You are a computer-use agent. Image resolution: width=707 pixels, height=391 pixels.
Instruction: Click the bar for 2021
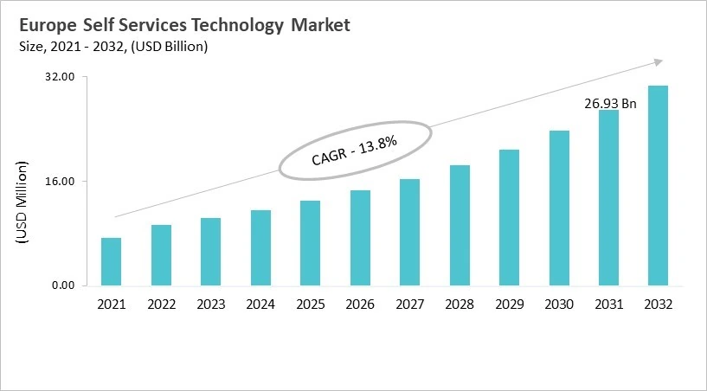pyautogui.click(x=111, y=261)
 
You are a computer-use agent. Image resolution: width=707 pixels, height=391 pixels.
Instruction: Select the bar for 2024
pyautogui.click(x=260, y=247)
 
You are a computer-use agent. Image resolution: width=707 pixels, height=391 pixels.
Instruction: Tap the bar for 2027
pyautogui.click(x=409, y=232)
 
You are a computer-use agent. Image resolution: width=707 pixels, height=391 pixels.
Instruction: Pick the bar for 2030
pyautogui.click(x=559, y=208)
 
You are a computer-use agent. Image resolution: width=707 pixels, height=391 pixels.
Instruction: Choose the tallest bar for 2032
pyautogui.click(x=659, y=185)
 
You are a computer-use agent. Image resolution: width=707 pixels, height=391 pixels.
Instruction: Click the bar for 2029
pyautogui.click(x=509, y=217)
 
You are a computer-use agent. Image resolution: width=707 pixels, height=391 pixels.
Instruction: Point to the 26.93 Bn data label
pyautogui.click(x=610, y=104)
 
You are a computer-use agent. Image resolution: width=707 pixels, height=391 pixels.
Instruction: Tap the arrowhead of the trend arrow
pyautogui.click(x=658, y=61)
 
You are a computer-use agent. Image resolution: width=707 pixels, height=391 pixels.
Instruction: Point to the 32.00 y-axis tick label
pyautogui.click(x=61, y=77)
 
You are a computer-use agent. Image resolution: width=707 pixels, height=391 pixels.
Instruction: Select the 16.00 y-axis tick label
pyautogui.click(x=61, y=182)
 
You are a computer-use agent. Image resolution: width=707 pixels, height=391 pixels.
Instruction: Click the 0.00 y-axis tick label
pyautogui.click(x=63, y=285)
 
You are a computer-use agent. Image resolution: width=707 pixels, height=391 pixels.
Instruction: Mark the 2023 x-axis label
pyautogui.click(x=210, y=304)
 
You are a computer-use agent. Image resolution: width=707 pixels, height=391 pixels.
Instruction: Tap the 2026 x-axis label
pyautogui.click(x=360, y=304)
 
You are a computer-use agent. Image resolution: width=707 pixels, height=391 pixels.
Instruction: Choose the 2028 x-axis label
pyautogui.click(x=460, y=304)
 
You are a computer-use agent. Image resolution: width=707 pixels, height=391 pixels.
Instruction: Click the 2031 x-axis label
pyautogui.click(x=608, y=304)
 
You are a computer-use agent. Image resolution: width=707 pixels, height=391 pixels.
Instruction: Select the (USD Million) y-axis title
pyautogui.click(x=22, y=202)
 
